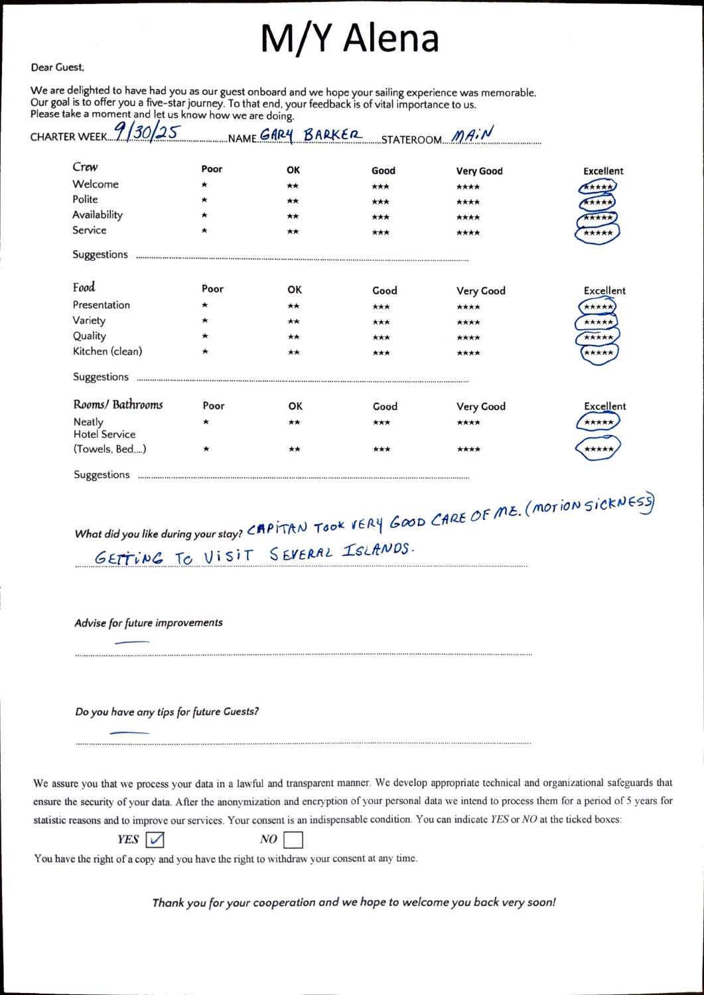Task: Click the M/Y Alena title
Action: pos(350,38)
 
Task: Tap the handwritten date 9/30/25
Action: pos(147,133)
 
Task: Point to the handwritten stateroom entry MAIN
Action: pos(473,135)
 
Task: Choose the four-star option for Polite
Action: pos(468,202)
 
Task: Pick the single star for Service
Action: pos(204,231)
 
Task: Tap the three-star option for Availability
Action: pos(381,218)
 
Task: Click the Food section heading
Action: pos(84,287)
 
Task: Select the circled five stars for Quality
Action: pos(598,338)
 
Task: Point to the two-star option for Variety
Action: pos(294,322)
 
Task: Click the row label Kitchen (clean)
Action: pos(107,352)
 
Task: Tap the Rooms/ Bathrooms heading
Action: pos(118,405)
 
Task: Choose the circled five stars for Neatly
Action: pos(598,423)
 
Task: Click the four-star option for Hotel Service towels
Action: pos(468,450)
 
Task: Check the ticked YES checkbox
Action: pos(155,840)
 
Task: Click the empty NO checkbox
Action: pos(293,840)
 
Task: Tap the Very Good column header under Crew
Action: pos(479,171)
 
